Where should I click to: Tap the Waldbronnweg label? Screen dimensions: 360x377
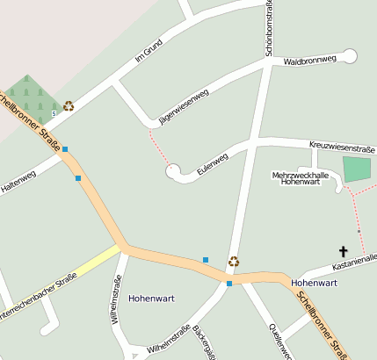[x=310, y=61]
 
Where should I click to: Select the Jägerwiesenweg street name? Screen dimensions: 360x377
[x=184, y=105]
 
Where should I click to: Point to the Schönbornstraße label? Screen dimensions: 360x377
[x=267, y=26]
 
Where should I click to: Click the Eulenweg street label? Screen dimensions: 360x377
[x=213, y=163]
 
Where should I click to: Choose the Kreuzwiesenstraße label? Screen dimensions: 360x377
[x=342, y=146]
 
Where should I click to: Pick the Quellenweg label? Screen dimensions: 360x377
[x=279, y=342]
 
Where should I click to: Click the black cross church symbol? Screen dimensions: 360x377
[x=343, y=251]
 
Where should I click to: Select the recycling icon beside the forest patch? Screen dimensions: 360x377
[x=69, y=105]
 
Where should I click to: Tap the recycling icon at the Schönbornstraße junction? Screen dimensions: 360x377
[x=234, y=261]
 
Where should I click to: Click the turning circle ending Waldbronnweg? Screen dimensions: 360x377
[x=349, y=56]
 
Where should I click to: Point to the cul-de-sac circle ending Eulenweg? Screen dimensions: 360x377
[x=173, y=170]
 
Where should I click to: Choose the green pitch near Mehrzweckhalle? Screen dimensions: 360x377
[x=357, y=169]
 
